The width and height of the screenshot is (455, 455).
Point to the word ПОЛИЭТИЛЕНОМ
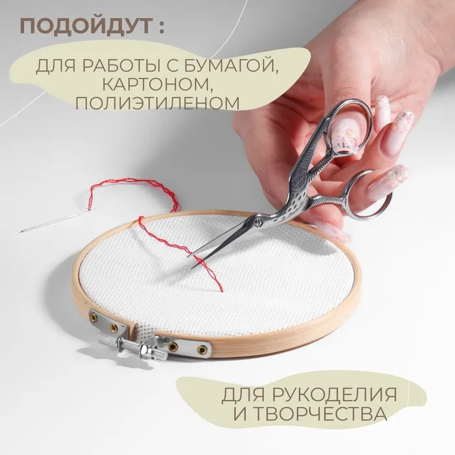click(x=157, y=103)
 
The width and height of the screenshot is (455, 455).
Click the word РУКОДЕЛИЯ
click(x=334, y=395)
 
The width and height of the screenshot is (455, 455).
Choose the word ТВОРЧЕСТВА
click(x=320, y=414)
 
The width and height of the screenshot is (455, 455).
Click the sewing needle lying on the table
click(x=57, y=220)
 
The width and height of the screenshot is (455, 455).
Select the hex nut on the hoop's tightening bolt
click(x=144, y=349)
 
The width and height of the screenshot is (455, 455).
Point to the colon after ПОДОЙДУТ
click(x=161, y=27)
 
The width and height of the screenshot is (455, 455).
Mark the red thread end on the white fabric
click(x=221, y=290)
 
